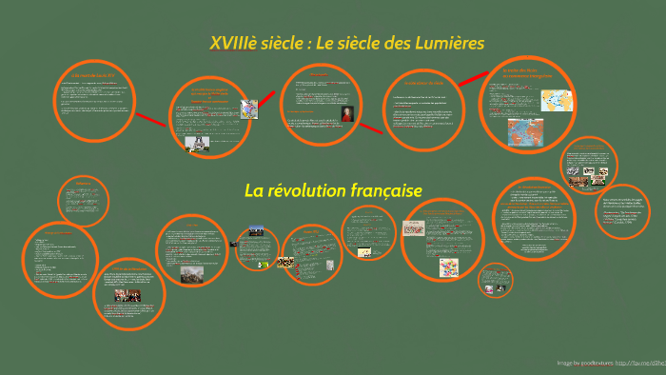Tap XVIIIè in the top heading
(234, 44)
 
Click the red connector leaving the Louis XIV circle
(150, 120)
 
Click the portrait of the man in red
(348, 114)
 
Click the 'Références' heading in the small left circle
(83, 183)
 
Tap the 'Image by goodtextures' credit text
(584, 363)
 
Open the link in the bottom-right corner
(640, 363)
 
